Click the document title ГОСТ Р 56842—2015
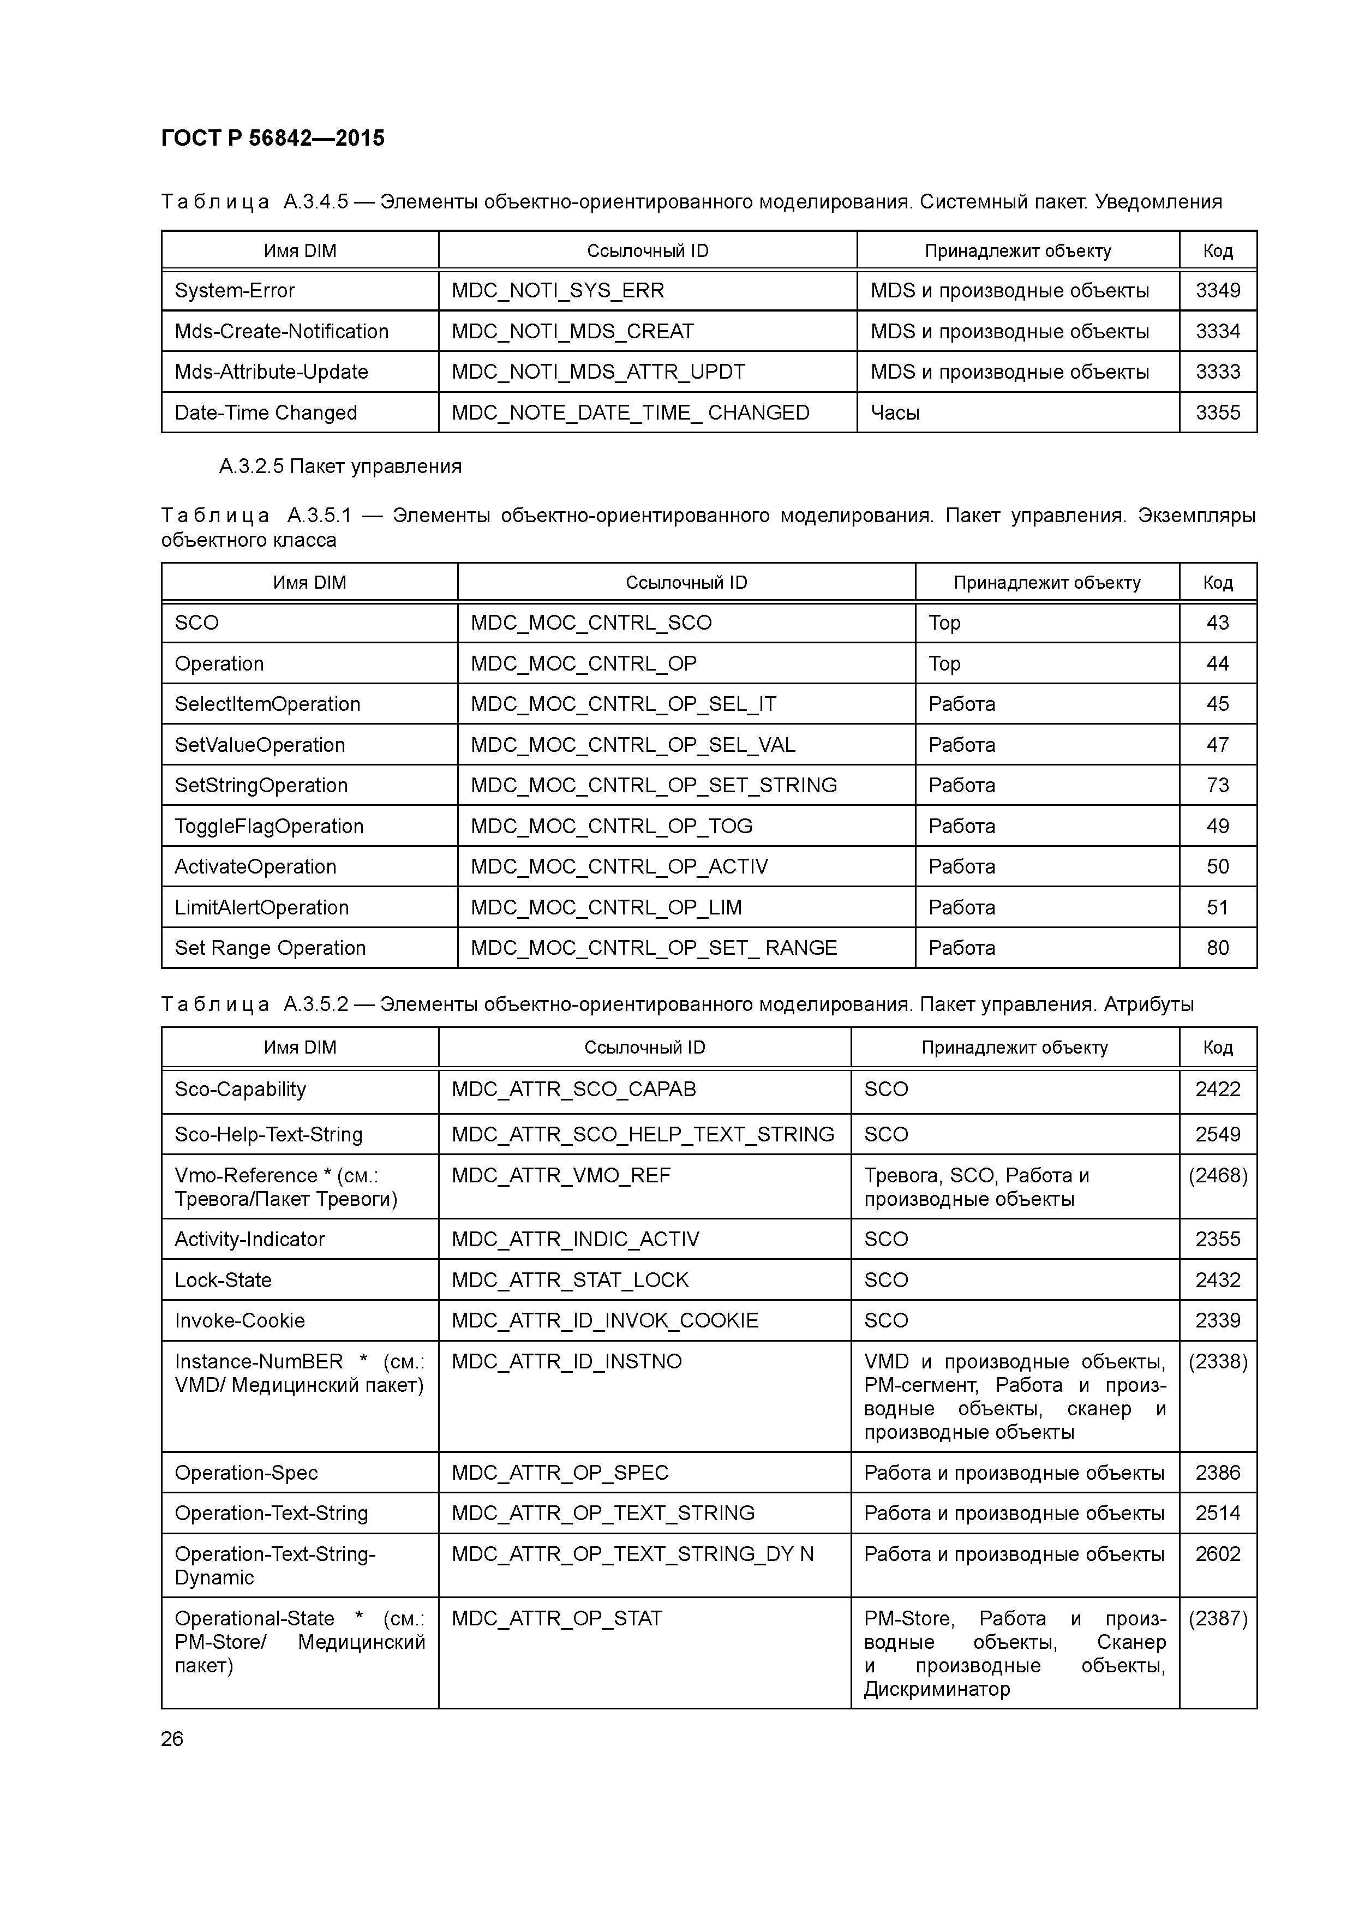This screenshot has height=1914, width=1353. point(273,139)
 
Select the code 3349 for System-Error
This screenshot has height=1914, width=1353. point(1217,290)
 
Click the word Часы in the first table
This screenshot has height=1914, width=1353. point(895,412)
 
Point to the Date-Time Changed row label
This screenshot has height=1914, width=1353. point(265,412)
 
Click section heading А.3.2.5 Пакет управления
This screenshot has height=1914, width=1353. point(340,466)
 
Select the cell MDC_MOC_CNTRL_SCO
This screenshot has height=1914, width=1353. point(590,623)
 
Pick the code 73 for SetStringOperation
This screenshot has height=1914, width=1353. point(1217,785)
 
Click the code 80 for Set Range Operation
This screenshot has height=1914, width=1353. point(1217,948)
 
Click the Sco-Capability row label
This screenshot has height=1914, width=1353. point(240,1090)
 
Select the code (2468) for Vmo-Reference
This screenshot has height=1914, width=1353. point(1217,1175)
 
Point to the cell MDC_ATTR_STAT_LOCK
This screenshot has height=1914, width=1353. point(570,1281)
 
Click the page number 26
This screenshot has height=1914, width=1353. point(172,1740)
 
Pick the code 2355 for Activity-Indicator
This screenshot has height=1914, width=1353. point(1217,1240)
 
